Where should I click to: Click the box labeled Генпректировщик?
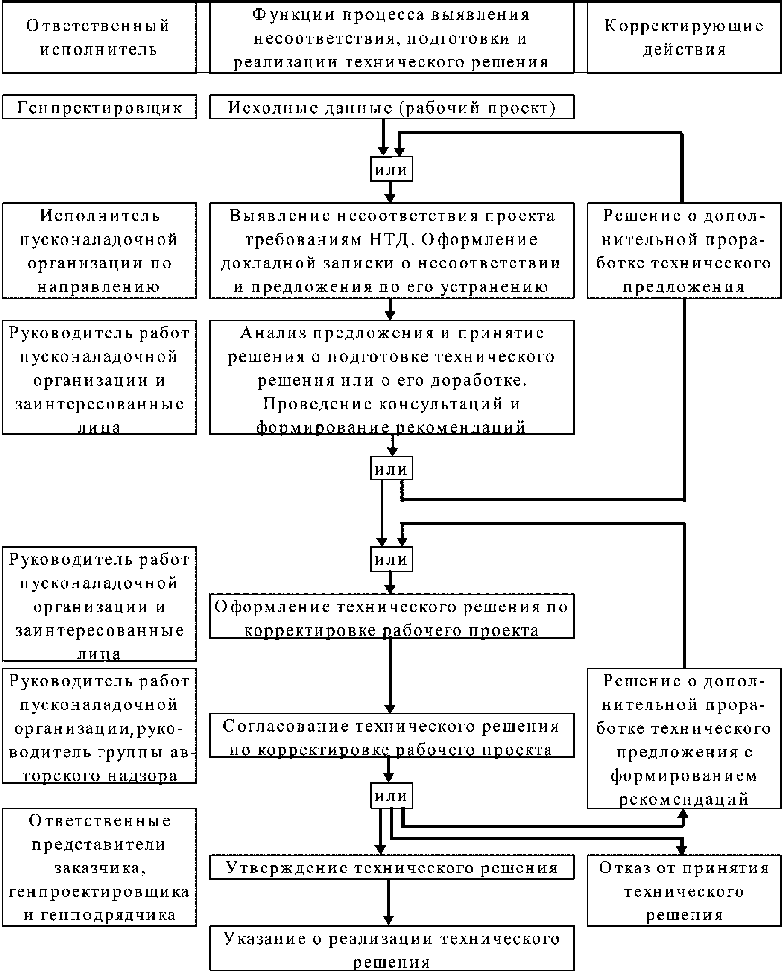(99, 108)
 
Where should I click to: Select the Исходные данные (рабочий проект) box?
(392, 108)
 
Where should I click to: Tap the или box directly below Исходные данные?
(391, 170)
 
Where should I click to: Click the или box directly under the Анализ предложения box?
(391, 469)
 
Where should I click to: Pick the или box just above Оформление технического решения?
(391, 559)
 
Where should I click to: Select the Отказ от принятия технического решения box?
(684, 891)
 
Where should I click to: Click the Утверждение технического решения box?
(392, 868)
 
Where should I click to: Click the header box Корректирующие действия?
(684, 37)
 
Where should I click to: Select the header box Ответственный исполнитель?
(99, 37)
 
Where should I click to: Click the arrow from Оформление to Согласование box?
(390, 675)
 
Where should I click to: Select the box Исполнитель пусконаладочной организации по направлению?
(99, 251)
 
